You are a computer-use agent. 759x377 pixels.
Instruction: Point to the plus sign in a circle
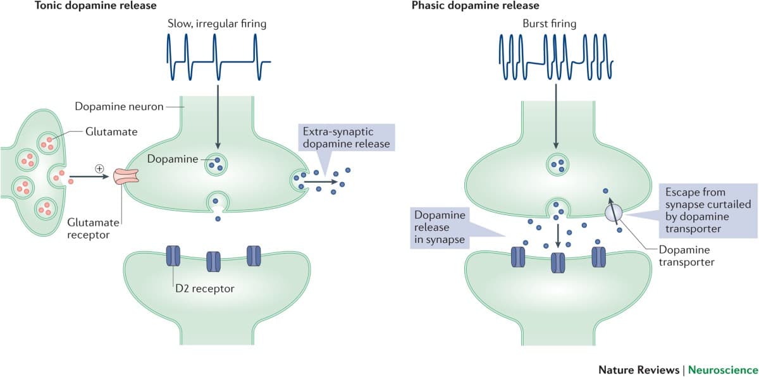(99, 168)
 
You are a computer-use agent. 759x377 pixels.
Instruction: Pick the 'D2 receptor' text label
(205, 288)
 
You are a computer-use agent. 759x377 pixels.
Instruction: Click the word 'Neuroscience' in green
(722, 368)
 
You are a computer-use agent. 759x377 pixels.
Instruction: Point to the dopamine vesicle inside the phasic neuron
(557, 166)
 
